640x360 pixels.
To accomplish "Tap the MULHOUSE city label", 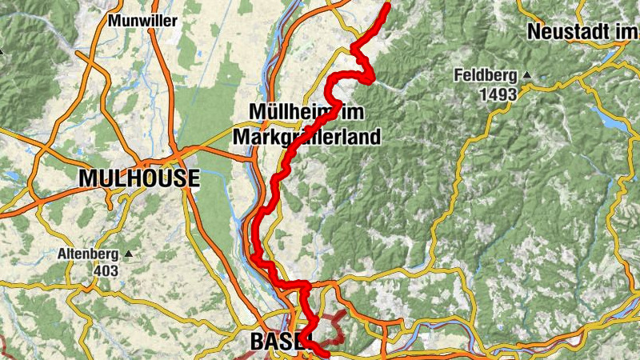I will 138,178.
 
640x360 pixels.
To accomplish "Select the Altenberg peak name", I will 88,255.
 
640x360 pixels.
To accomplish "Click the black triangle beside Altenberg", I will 128,254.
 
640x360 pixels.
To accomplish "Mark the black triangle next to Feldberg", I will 527,76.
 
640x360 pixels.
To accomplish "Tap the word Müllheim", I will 284,111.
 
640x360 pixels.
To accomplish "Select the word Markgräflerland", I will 306,137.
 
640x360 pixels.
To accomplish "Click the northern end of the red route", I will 387,6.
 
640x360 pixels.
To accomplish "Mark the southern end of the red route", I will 326,352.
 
